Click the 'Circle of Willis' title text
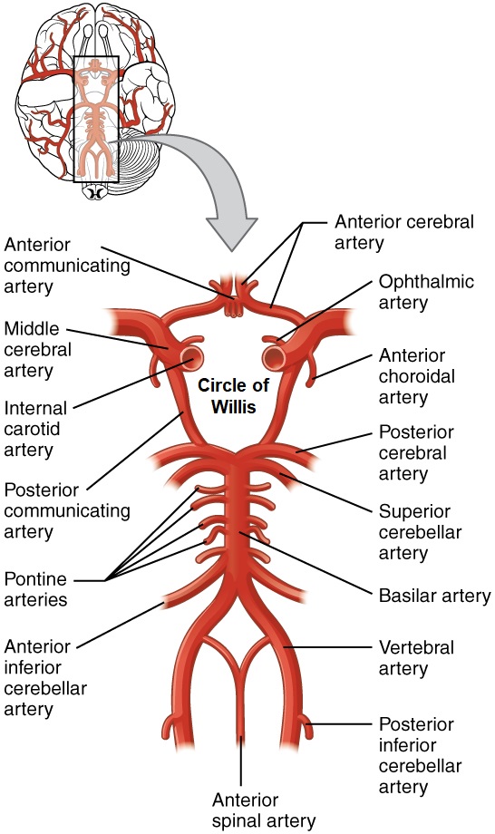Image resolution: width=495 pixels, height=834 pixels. pyautogui.click(x=233, y=396)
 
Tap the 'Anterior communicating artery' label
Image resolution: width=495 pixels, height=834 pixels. pyautogui.click(x=67, y=266)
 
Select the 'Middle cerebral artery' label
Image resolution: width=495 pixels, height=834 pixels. pyautogui.click(x=38, y=349)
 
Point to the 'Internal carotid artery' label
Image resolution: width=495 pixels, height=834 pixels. pyautogui.click(x=35, y=429)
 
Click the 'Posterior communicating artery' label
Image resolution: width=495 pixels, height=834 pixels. pyautogui.click(x=67, y=510)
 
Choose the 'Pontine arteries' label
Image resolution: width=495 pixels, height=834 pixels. pyautogui.click(x=35, y=589)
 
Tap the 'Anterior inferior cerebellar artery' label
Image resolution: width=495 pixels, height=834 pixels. pyautogui.click(x=45, y=678)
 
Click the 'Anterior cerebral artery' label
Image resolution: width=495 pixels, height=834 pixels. pyautogui.click(x=404, y=232)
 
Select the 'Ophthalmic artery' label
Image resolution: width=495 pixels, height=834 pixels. pyautogui.click(x=426, y=292)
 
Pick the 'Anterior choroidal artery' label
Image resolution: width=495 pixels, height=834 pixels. pyautogui.click(x=417, y=376)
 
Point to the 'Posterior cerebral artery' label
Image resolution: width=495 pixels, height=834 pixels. pyautogui.click(x=416, y=452)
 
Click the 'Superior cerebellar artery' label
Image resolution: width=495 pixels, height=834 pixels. pyautogui.click(x=420, y=532)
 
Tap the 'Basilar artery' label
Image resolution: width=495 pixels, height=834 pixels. pyautogui.click(x=434, y=596)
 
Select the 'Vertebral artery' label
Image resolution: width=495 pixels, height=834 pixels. pyautogui.click(x=416, y=657)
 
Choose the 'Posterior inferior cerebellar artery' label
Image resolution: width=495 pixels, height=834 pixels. pyautogui.click(x=420, y=755)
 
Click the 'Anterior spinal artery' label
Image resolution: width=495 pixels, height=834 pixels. pyautogui.click(x=264, y=810)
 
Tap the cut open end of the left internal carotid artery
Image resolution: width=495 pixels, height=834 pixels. pyautogui.click(x=192, y=358)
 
